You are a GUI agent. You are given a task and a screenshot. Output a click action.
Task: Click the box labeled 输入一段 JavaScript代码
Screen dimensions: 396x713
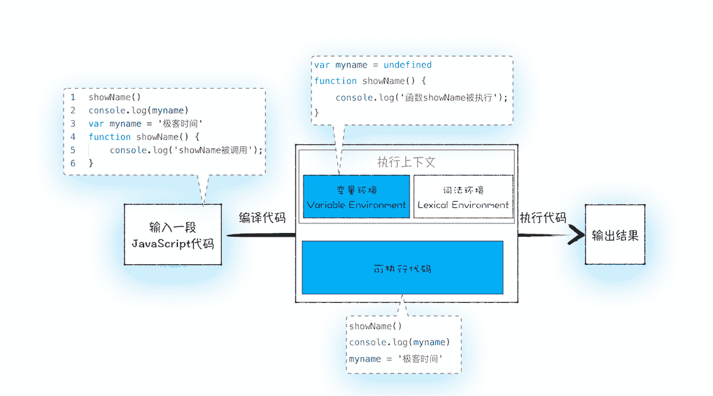(173, 234)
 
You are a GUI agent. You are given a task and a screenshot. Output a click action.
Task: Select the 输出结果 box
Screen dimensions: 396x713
(615, 234)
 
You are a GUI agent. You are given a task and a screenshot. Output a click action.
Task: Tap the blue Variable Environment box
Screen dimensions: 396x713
(356, 197)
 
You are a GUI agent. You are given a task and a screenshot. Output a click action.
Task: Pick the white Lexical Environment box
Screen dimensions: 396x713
(463, 197)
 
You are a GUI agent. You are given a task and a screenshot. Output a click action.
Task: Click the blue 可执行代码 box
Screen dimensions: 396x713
(402, 268)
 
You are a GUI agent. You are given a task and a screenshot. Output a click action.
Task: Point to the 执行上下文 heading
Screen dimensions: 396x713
(406, 162)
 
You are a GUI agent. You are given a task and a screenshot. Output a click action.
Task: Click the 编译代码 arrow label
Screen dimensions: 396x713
(262, 218)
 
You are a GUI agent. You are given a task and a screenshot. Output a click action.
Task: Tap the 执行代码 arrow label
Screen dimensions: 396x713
(543, 218)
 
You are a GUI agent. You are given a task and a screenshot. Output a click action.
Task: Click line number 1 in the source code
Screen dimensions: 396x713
(73, 97)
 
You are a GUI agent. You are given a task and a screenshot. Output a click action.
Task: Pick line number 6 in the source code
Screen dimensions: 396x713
(73, 163)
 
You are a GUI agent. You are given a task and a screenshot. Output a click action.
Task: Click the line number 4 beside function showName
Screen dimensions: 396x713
(73, 137)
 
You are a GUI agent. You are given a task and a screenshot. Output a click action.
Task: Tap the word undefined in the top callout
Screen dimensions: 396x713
(408, 65)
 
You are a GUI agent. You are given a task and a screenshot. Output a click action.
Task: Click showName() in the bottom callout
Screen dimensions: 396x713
(375, 327)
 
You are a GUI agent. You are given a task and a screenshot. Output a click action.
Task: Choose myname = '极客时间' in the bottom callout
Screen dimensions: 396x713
(396, 359)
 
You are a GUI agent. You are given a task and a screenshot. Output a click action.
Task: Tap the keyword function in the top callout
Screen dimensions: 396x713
(335, 81)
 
